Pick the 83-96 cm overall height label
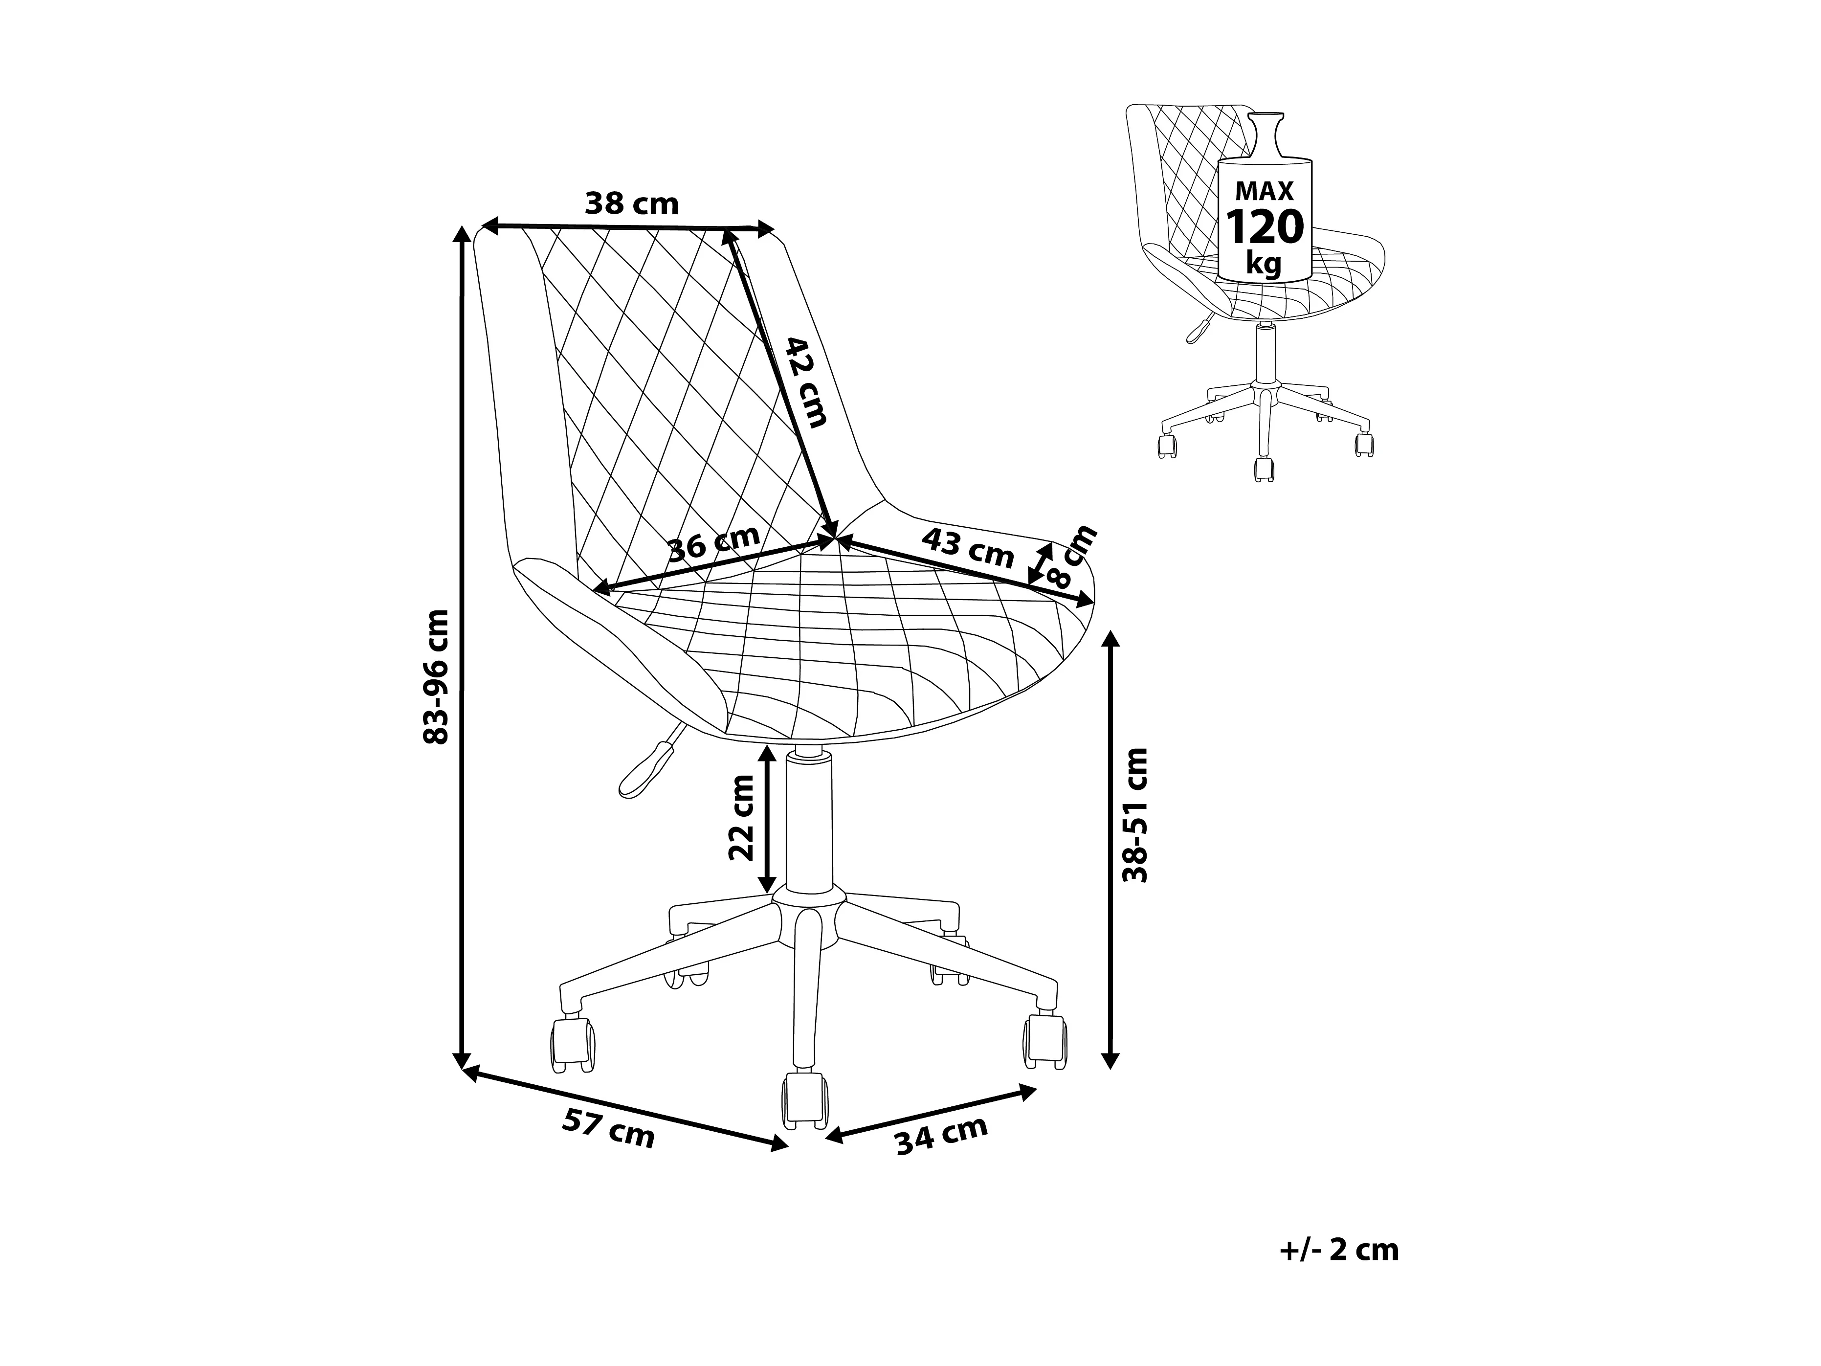436,677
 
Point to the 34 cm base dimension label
941,1136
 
